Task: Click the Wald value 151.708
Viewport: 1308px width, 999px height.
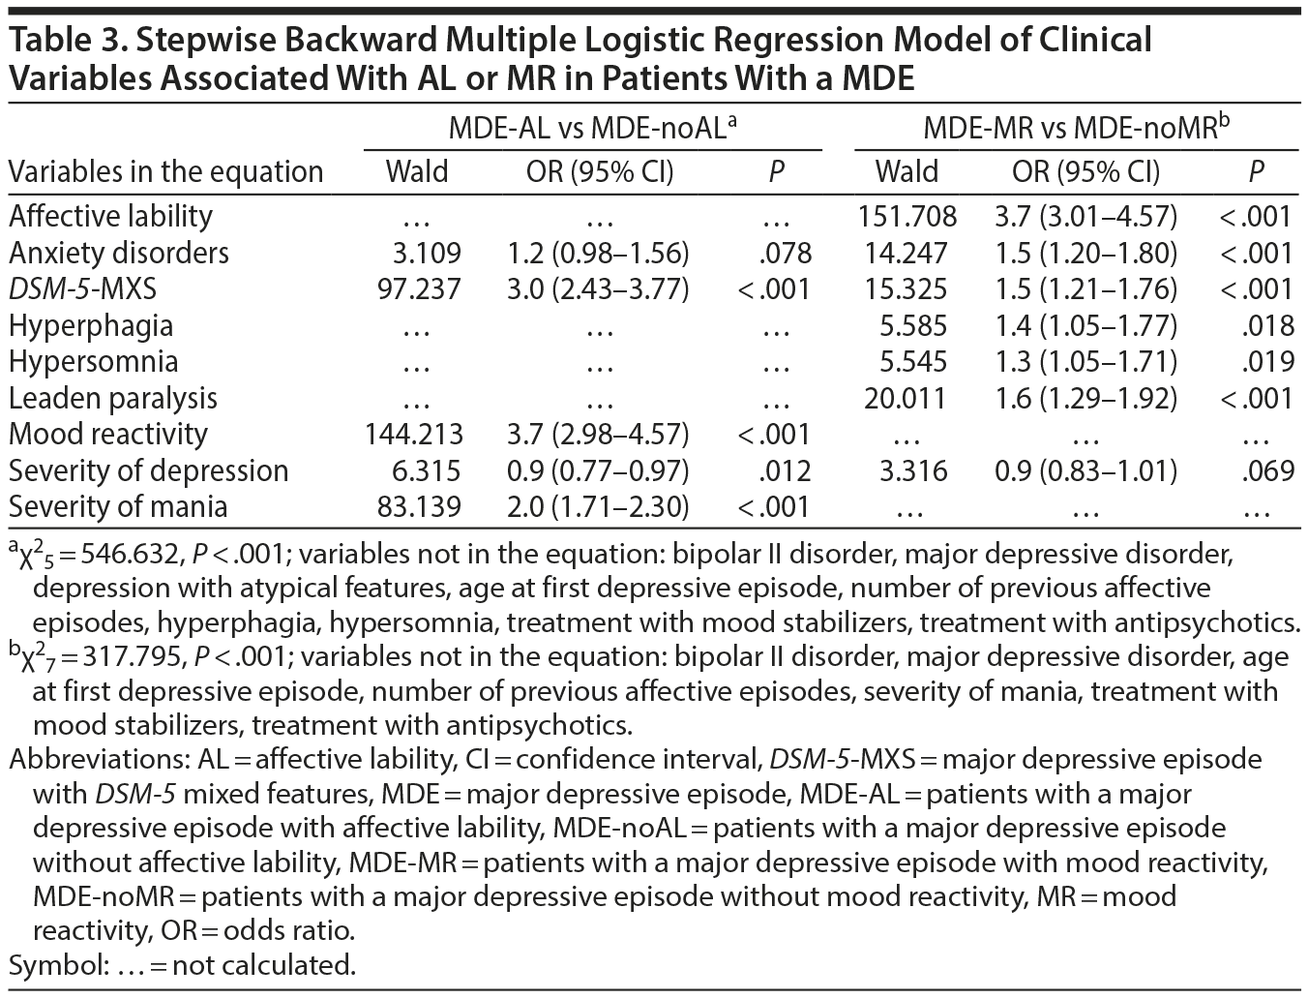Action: (906, 216)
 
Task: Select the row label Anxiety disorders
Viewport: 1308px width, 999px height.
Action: (119, 253)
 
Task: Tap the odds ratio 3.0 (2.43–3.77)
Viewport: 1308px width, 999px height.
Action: (598, 288)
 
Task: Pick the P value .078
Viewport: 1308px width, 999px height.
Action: (787, 253)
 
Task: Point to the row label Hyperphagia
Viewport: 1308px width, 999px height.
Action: (91, 325)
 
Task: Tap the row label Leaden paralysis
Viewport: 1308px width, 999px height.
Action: (113, 398)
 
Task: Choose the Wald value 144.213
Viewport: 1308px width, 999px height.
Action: (413, 434)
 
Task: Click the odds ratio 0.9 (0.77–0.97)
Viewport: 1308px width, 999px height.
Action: (598, 470)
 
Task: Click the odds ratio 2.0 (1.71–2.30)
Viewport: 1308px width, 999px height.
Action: (598, 506)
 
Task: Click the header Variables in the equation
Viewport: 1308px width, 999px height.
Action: (165, 171)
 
